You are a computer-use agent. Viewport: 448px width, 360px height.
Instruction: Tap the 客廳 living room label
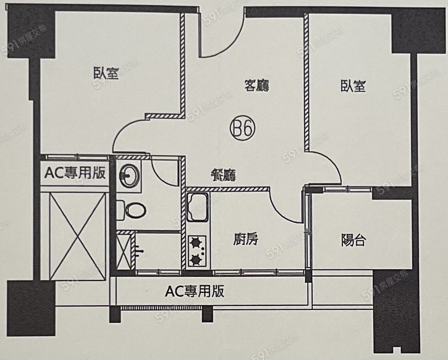click(257, 86)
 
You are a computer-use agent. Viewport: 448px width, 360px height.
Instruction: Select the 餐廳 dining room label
click(223, 175)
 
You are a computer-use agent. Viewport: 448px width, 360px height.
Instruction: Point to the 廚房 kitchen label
click(246, 240)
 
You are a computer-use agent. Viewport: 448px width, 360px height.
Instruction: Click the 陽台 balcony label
click(354, 240)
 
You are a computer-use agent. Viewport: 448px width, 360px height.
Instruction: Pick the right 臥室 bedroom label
click(353, 86)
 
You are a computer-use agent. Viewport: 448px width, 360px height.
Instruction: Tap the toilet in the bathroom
click(132, 209)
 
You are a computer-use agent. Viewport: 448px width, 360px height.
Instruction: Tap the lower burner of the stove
click(196, 259)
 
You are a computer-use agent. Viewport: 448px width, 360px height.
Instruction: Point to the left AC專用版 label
click(75, 173)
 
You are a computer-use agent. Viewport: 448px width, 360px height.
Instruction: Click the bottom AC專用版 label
click(194, 291)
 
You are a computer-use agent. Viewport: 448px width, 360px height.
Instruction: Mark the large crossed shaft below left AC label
click(74, 237)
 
